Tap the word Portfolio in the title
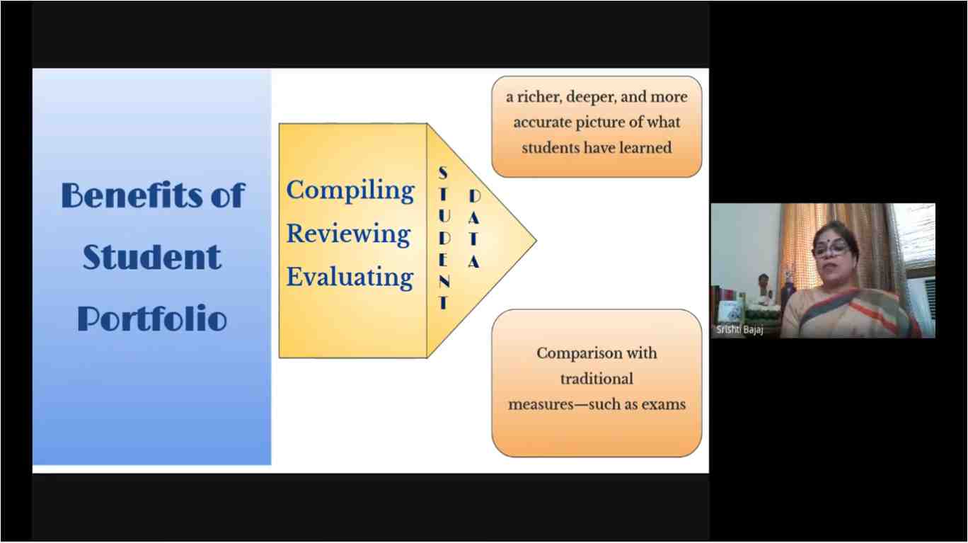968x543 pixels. (152, 319)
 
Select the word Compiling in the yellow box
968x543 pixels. (350, 190)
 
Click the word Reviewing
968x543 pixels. (348, 234)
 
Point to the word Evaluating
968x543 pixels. (350, 277)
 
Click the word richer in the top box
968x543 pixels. (539, 97)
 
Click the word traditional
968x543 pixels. (597, 379)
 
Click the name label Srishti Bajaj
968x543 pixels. (739, 330)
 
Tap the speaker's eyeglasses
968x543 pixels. (830, 248)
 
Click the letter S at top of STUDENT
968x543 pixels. (443, 173)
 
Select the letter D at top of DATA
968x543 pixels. (474, 196)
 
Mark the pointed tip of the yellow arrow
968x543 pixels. (536, 241)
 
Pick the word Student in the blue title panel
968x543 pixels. (152, 257)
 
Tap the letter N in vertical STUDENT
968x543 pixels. (444, 282)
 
